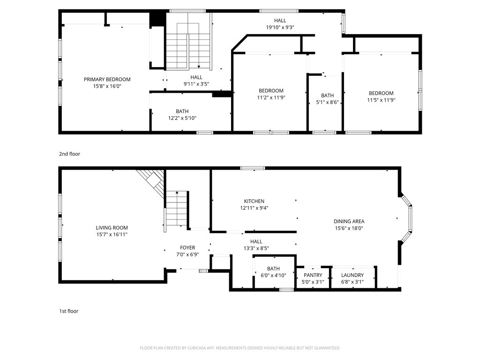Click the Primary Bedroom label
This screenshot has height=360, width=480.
[x=107, y=79]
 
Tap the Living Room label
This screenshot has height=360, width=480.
[x=112, y=228]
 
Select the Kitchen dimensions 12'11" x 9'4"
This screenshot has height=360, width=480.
[x=254, y=208]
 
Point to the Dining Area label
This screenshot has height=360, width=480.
[x=349, y=221]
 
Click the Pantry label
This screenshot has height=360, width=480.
[x=313, y=275]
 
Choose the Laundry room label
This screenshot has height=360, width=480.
[x=352, y=275]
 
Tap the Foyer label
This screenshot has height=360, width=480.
[x=187, y=247]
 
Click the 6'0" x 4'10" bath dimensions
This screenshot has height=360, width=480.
[x=273, y=275]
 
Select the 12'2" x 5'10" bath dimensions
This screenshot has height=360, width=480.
[x=182, y=118]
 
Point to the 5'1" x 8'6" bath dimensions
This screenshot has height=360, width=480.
[x=327, y=102]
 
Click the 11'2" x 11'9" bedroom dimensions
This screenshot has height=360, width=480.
[x=271, y=97]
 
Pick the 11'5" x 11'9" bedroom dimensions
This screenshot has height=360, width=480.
[x=381, y=100]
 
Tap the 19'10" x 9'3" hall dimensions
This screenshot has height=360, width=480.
[x=280, y=27]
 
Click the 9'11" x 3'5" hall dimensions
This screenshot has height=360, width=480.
[x=196, y=84]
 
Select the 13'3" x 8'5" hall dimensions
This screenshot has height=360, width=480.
[x=256, y=248]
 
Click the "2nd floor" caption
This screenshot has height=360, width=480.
[x=69, y=154]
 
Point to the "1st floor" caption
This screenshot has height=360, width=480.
[x=68, y=311]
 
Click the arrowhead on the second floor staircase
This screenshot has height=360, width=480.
[x=199, y=67]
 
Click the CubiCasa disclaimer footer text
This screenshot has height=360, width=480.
[x=240, y=348]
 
